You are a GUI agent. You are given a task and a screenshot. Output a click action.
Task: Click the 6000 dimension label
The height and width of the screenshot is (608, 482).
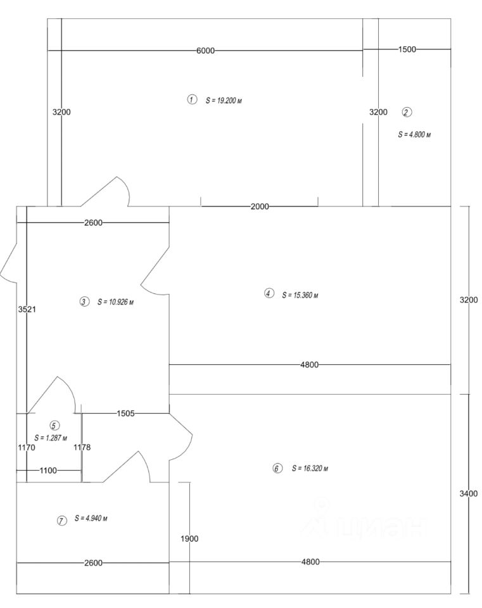coord(205,51)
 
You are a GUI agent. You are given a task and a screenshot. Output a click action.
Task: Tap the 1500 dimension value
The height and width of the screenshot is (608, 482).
coord(407,49)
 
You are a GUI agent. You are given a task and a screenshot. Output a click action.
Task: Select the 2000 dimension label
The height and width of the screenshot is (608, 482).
coord(260,206)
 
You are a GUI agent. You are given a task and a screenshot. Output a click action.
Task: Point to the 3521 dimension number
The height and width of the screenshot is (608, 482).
coord(27,310)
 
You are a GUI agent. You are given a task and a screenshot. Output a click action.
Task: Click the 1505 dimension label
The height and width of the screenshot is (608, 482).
coord(125,414)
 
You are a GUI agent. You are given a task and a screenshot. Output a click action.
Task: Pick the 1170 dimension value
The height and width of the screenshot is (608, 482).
coord(27,447)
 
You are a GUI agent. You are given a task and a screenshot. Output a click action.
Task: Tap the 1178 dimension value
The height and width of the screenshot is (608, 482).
coord(82,447)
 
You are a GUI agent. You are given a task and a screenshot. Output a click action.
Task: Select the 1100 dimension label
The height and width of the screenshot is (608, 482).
coord(48,471)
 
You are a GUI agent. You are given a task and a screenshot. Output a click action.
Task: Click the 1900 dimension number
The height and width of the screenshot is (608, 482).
coord(189,539)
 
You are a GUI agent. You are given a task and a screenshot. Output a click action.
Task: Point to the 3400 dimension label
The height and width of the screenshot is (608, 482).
coord(469,493)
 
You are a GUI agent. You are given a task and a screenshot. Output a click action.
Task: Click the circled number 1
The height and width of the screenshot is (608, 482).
coord(192,99)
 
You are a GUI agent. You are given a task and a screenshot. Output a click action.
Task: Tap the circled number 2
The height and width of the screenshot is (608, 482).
coord(407,112)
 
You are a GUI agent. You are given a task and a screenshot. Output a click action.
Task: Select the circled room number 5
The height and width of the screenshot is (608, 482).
coord(54,426)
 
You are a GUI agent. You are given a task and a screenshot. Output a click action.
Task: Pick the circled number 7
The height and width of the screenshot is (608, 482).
coord(61,521)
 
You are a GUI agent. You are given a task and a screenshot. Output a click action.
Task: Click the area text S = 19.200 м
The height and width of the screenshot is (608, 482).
coord(224,100)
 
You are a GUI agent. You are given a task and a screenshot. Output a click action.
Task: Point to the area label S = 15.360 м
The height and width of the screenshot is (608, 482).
coord(300,294)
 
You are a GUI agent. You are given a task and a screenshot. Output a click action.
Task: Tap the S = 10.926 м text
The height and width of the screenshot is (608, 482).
coord(115,302)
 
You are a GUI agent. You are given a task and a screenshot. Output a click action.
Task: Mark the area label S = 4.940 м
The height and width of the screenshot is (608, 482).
coord(91,519)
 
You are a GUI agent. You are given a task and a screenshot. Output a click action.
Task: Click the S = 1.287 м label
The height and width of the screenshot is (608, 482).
coord(52,438)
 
